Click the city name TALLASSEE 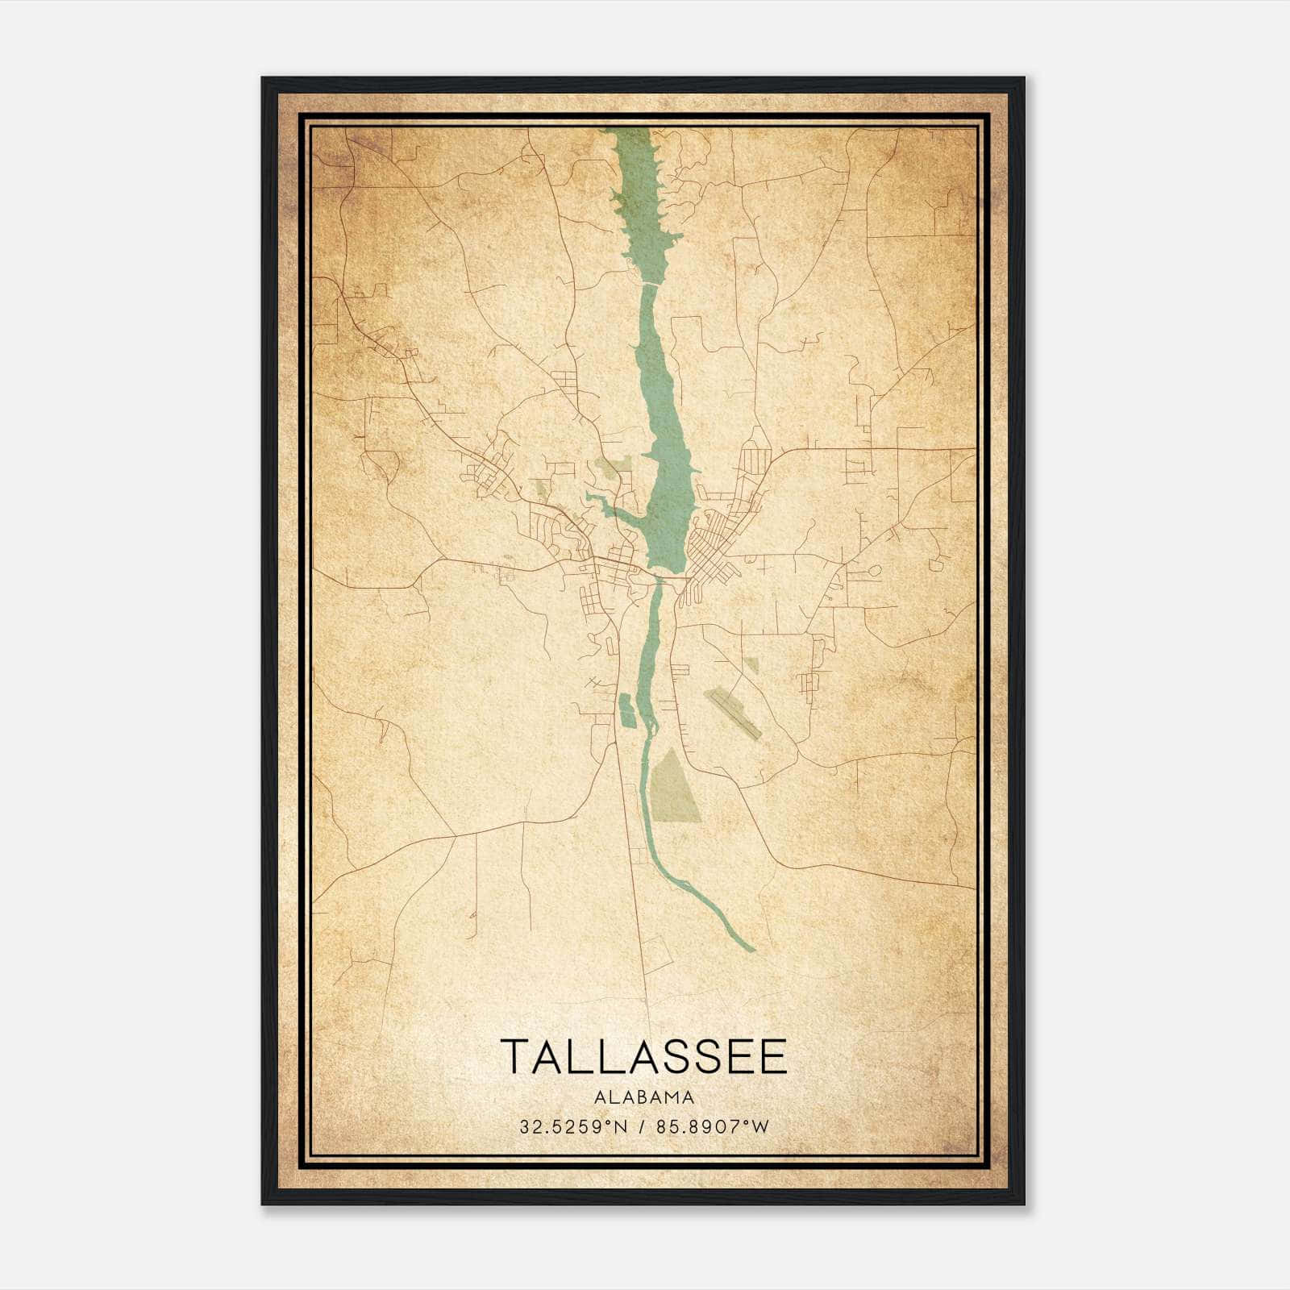point(643,1056)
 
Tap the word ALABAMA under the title point(643,1097)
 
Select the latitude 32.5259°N point(572,1126)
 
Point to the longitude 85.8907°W point(713,1126)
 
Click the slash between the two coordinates point(643,1126)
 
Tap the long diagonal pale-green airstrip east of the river point(732,713)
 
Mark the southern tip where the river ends point(751,948)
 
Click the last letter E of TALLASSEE point(772,1056)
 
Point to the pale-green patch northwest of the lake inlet point(613,465)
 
